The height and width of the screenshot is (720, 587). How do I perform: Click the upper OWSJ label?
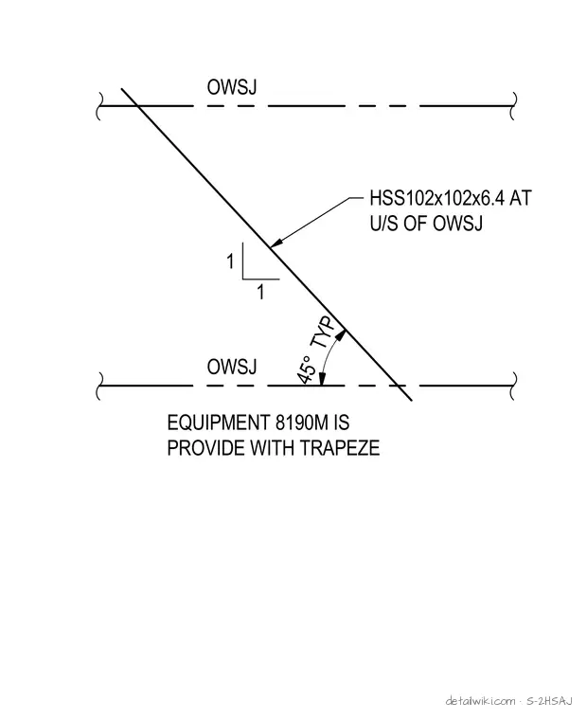pos(232,87)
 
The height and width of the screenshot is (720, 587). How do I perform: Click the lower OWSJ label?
pos(232,367)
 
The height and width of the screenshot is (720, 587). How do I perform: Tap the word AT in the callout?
pos(521,198)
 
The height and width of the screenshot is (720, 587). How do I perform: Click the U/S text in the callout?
pos(384,224)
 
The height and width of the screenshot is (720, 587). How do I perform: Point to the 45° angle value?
pos(306,370)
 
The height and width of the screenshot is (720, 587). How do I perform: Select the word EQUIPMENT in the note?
pos(219,423)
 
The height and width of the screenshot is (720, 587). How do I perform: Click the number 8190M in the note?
pos(302,423)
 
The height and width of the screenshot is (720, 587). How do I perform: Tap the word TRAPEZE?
pos(340,448)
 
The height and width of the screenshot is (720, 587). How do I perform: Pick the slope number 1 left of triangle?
pos(230,261)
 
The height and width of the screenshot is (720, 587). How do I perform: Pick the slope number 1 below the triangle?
pos(260,292)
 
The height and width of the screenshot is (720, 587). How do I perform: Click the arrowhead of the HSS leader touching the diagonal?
pos(276,243)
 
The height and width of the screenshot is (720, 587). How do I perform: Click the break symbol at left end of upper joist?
pos(99,106)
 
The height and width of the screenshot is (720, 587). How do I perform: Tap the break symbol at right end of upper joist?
pos(513,106)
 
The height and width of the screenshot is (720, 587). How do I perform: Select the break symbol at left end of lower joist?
pos(99,386)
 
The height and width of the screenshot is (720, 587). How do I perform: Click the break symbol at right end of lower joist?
pos(513,386)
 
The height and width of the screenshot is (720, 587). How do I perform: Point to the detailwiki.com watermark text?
pos(480,701)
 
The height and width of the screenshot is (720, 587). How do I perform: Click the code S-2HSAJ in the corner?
pos(549,701)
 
